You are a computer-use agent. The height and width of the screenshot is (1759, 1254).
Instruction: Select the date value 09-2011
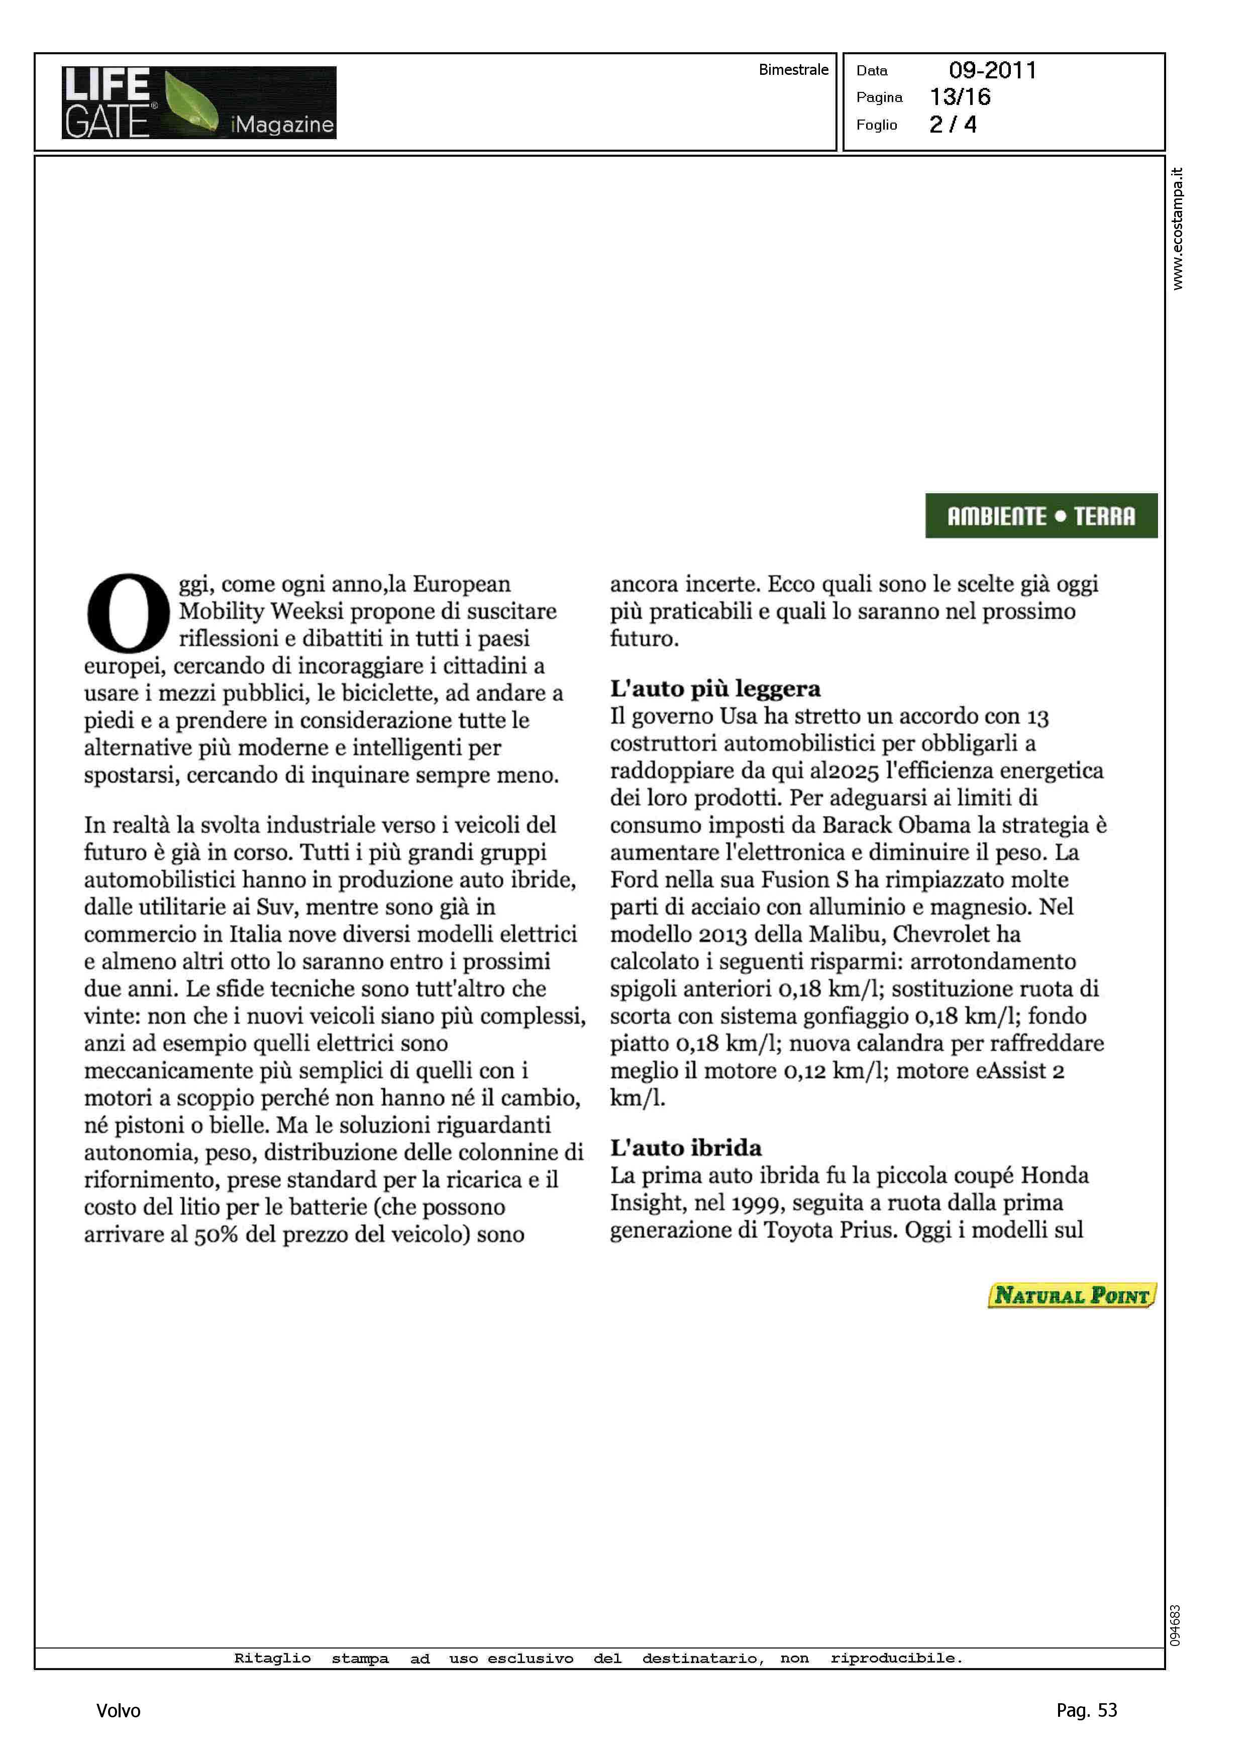[992, 70]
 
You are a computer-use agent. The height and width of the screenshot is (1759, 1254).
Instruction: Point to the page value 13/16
[960, 97]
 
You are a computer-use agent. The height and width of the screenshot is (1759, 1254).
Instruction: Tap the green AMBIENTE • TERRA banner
[1041, 515]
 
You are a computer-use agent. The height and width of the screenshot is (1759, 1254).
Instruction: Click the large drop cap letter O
[128, 612]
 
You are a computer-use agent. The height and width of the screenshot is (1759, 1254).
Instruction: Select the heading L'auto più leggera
[715, 689]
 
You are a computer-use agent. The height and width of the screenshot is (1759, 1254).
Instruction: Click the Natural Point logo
[1072, 1295]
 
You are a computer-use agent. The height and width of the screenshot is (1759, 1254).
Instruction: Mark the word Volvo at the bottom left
[118, 1710]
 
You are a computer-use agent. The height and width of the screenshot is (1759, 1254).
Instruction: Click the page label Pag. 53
[1086, 1710]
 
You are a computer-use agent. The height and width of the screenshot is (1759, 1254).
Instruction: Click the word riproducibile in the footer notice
[896, 1658]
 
